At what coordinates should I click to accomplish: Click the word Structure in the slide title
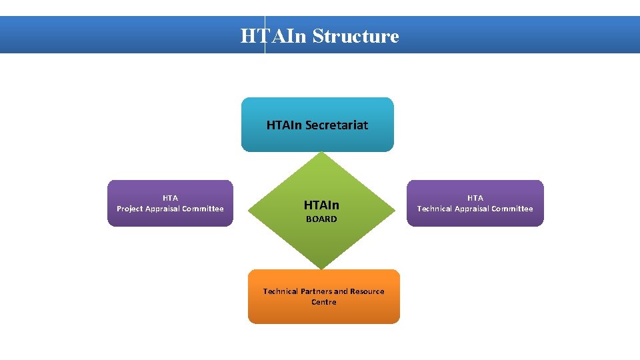(355, 36)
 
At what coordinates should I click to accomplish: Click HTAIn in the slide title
(273, 36)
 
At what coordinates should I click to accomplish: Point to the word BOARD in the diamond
(321, 219)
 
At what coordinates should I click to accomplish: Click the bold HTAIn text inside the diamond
(321, 205)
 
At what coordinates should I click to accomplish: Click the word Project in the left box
(130, 209)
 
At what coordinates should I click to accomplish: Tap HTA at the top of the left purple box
(170, 198)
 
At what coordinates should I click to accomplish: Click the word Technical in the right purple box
(435, 209)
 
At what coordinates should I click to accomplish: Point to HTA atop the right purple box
(475, 198)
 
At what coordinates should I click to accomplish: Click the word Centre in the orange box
(324, 302)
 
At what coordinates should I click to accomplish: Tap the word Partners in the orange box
(315, 291)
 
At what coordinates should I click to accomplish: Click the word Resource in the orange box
(367, 291)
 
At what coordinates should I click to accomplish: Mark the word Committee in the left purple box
(202, 209)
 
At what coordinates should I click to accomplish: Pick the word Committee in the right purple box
(511, 209)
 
